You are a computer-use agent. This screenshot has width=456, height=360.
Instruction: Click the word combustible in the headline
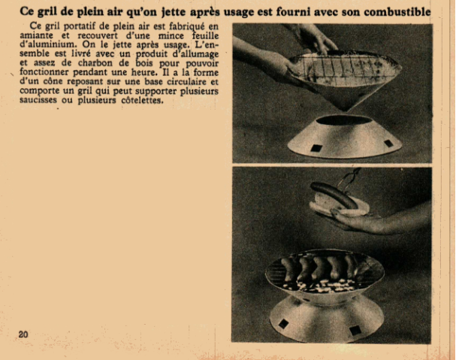[x=397, y=12]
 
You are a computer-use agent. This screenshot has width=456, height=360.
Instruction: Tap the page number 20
[x=23, y=334]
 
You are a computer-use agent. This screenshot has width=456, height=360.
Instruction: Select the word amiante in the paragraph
[x=36, y=35]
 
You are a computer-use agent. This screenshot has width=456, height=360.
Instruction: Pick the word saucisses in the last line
[x=38, y=100]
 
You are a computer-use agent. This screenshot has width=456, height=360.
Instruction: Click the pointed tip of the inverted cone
[x=345, y=110]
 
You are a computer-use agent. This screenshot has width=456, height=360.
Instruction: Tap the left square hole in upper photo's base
[x=316, y=148]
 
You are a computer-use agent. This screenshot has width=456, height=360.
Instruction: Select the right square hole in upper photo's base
[x=388, y=143]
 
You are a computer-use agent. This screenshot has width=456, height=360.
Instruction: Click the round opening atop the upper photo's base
[x=344, y=120]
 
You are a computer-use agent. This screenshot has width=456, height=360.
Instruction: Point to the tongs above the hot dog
[x=349, y=178]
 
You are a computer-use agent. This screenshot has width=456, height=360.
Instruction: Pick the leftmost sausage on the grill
[x=288, y=269]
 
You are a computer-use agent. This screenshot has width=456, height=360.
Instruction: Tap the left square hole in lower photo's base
[x=283, y=324]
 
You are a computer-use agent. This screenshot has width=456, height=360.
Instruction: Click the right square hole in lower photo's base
[x=355, y=331]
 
